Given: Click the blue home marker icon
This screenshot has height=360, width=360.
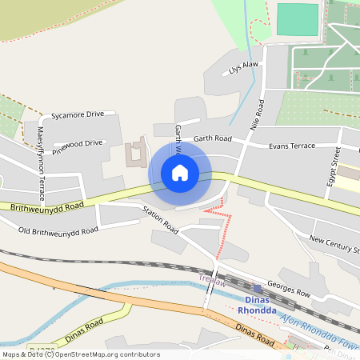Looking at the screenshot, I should click(x=180, y=173).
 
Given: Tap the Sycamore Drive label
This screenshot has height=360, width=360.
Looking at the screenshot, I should click(x=78, y=115).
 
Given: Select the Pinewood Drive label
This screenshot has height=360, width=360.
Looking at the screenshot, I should click(x=77, y=144).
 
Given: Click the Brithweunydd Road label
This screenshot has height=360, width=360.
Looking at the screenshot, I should click(x=47, y=206).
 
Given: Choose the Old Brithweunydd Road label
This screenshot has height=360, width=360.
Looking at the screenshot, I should click(x=58, y=230).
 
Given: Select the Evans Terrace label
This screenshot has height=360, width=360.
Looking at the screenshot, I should click(x=292, y=146).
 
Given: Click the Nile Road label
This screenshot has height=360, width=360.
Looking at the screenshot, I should click(x=257, y=114).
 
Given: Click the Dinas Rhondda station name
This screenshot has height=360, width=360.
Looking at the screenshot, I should click(x=258, y=306).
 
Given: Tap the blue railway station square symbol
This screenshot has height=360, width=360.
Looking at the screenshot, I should click(x=257, y=286).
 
